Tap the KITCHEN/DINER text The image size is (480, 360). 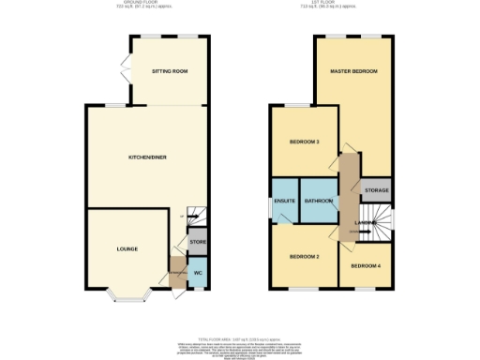[147, 157]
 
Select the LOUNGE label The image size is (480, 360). [127, 248]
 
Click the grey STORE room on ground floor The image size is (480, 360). [197, 243]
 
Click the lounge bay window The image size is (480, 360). [127, 297]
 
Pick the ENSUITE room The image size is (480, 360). [284, 201]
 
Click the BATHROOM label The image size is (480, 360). [318, 201]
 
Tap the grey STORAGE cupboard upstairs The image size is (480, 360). [377, 189]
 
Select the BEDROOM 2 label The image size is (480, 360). [305, 256]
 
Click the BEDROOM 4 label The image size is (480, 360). [367, 265]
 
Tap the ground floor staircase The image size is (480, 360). [195, 216]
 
